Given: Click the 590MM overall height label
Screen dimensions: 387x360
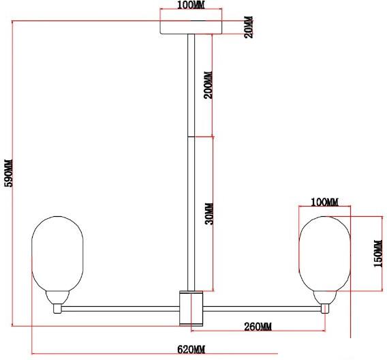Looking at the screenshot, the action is [x=9, y=173].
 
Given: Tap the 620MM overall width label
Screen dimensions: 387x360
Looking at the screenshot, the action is [x=191, y=350].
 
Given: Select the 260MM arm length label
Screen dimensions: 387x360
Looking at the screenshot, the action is [x=258, y=327].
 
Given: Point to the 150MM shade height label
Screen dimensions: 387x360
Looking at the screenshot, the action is [x=378, y=254].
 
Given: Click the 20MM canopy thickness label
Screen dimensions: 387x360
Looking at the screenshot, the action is [x=249, y=27].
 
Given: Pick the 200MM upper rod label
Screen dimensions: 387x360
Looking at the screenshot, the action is [x=208, y=85].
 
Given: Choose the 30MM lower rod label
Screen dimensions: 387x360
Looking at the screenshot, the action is [x=210, y=214].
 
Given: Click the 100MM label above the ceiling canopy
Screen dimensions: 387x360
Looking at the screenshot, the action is [x=191, y=5].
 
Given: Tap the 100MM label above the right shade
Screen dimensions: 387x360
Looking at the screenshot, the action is [x=324, y=202].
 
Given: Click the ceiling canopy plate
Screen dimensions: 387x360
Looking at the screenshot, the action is [x=191, y=27].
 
